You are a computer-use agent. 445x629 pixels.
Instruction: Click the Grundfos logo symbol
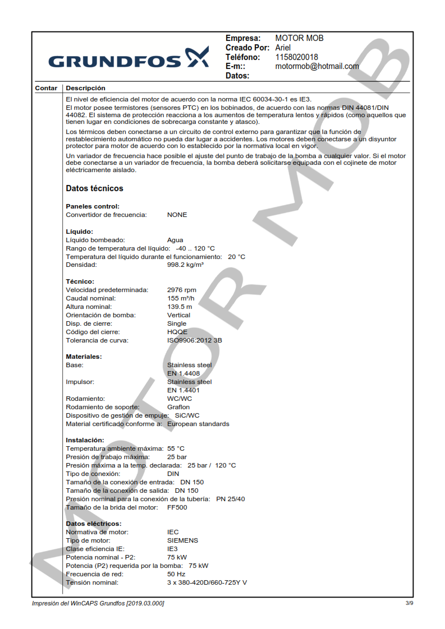click(x=197, y=58)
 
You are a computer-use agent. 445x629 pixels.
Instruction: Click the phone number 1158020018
click(x=296, y=57)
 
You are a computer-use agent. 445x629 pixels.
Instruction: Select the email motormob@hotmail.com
click(x=316, y=66)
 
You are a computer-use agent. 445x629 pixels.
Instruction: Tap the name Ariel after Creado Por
click(x=283, y=48)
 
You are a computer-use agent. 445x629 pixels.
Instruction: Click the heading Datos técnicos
click(x=94, y=188)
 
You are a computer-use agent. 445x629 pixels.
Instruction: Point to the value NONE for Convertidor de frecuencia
click(x=177, y=215)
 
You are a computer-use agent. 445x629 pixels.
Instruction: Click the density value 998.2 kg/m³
click(x=185, y=265)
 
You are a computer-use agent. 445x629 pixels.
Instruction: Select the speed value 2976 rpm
click(x=182, y=290)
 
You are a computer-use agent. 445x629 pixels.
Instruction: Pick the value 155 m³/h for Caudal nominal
click(x=181, y=298)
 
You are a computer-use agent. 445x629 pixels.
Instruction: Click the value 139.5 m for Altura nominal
click(x=180, y=307)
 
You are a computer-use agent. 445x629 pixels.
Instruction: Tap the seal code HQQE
click(x=177, y=332)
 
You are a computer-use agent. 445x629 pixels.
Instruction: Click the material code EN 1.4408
click(x=183, y=373)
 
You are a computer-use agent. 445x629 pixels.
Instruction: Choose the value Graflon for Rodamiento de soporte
click(x=178, y=407)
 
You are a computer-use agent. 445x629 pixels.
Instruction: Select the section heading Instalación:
click(x=85, y=440)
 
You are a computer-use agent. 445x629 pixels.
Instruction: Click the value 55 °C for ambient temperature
click(x=176, y=448)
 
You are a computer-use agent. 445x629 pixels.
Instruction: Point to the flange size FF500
click(x=177, y=507)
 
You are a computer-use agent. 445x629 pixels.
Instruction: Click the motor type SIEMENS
click(x=182, y=540)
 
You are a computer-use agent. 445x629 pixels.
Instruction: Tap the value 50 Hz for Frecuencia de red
click(x=176, y=574)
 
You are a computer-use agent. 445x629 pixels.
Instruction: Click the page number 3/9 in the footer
click(x=409, y=603)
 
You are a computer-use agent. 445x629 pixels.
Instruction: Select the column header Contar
click(x=46, y=88)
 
